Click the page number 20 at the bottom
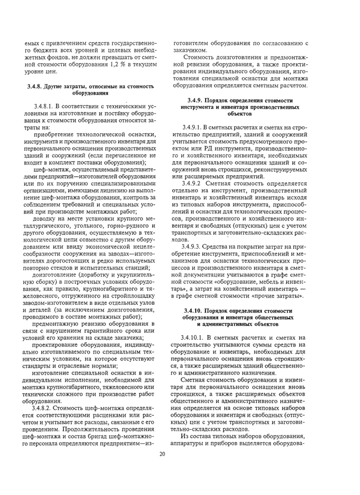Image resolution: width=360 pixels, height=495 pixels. pos(163,454)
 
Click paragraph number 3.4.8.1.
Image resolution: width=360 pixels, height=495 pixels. pos(49,106)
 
